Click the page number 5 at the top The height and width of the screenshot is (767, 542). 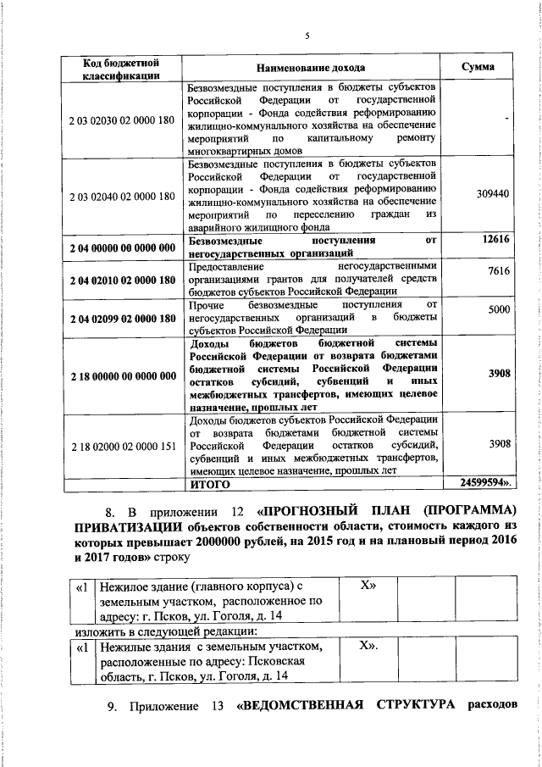click(x=307, y=36)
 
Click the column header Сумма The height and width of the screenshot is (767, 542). click(x=478, y=67)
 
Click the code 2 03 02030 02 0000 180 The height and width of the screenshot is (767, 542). click(x=121, y=119)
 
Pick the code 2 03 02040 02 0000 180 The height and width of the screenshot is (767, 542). click(x=121, y=196)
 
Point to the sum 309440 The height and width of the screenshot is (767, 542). click(x=493, y=194)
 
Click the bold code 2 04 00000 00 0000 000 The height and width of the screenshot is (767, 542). click(x=121, y=247)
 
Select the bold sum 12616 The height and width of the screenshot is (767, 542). click(x=495, y=241)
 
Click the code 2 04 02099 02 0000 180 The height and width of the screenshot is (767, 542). click(x=121, y=318)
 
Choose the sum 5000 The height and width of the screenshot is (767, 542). click(x=498, y=310)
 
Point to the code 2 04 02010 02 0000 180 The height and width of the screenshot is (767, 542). click(x=121, y=280)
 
